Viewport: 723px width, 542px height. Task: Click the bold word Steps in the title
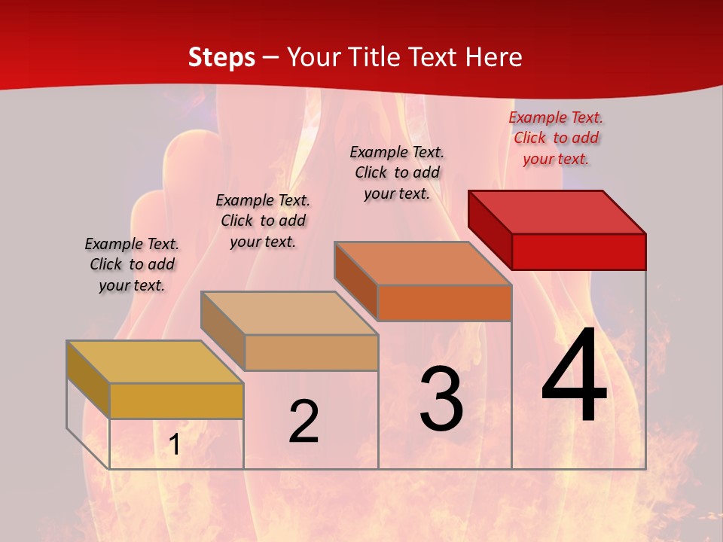[x=221, y=57]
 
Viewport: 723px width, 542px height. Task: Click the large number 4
[x=574, y=376]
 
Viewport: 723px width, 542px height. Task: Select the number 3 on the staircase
[x=441, y=399]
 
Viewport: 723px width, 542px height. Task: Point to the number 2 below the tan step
[x=304, y=422]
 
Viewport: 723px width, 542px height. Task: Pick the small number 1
[x=174, y=445]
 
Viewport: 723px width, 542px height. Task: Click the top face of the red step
[x=557, y=212]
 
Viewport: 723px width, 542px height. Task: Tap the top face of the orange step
[x=423, y=263]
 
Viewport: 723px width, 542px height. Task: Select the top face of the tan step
[x=289, y=313]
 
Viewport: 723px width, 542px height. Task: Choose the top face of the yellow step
[x=155, y=362]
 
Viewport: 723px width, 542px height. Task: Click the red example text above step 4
[x=556, y=138]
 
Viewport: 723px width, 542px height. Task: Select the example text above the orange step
[x=397, y=172]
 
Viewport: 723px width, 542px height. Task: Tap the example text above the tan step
[x=263, y=221]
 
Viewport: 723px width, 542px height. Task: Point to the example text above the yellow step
[x=132, y=264]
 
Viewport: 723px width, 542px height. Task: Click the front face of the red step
[x=578, y=251]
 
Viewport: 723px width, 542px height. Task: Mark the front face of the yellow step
[x=176, y=400]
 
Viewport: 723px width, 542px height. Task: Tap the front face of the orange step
[x=444, y=303]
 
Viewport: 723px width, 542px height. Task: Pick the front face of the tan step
[x=311, y=352]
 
